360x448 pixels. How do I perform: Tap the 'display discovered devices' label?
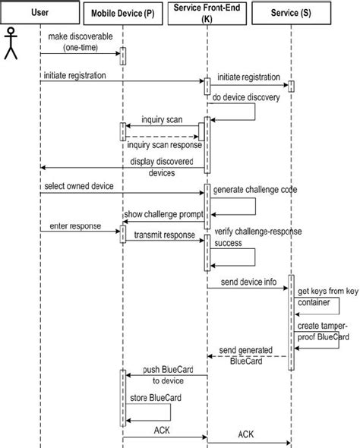[x=163, y=167]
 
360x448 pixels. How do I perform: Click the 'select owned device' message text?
[x=79, y=186]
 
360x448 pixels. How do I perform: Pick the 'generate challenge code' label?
[x=254, y=188]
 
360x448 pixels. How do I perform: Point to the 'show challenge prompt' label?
[x=163, y=214]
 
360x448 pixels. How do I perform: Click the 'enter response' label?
[x=69, y=226]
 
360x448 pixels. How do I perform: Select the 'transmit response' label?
[x=161, y=235]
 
